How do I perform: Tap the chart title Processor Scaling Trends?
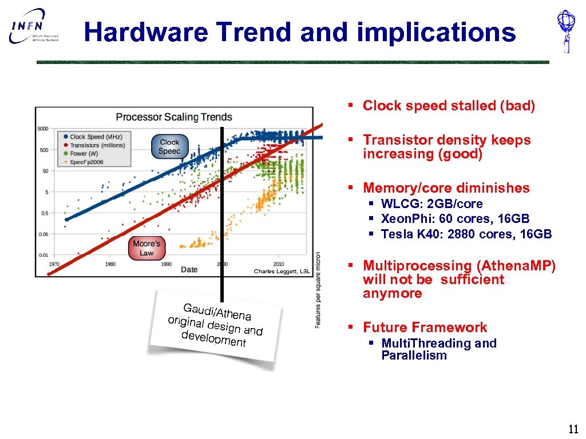(x=174, y=117)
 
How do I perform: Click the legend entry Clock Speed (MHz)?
(x=96, y=137)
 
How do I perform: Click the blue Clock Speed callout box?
(x=169, y=147)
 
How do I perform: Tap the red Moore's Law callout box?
(x=146, y=249)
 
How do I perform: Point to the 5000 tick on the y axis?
(x=43, y=129)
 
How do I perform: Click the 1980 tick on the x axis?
(x=110, y=264)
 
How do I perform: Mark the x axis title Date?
(x=189, y=269)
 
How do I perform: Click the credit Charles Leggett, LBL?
(x=282, y=272)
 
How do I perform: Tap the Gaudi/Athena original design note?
(x=215, y=326)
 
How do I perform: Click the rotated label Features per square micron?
(x=318, y=290)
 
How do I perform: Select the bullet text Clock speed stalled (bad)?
(x=449, y=106)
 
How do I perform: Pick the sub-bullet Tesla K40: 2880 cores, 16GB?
(x=466, y=234)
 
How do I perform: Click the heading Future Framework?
(x=425, y=328)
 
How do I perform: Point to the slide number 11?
(x=573, y=429)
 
